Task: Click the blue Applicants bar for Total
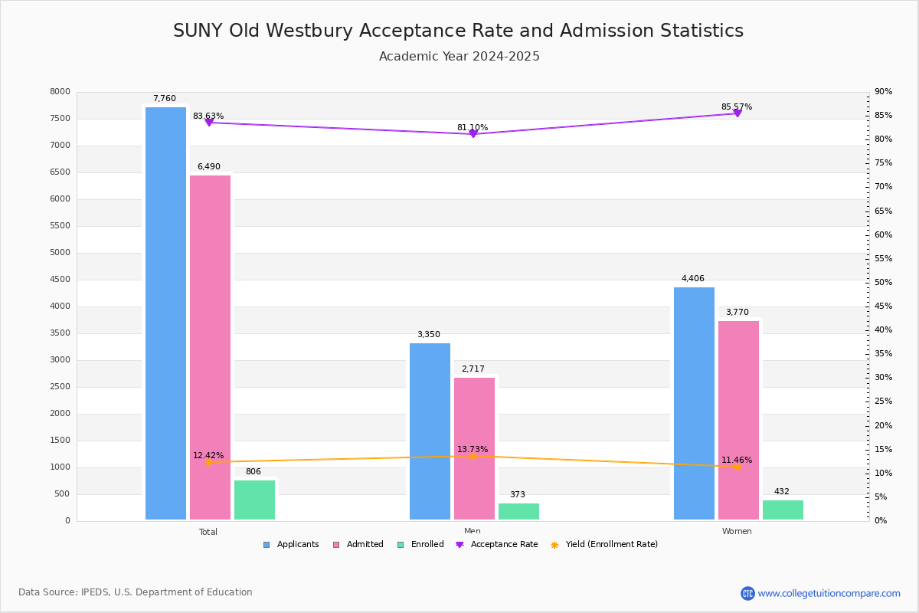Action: coord(165,313)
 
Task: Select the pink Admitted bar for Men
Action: coord(474,448)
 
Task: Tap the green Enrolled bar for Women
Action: coord(783,510)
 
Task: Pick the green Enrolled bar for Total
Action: coord(254,500)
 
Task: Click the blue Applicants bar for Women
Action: coord(694,404)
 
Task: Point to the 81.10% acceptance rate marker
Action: coord(473,134)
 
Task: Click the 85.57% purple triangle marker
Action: coord(737,113)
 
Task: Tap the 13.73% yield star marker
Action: coord(473,456)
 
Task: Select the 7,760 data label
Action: coord(165,99)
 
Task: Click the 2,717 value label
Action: coord(473,369)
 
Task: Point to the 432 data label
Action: coord(782,491)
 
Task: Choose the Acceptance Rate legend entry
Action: coord(497,545)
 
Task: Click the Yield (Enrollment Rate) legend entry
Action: coord(604,545)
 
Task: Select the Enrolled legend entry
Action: coord(420,545)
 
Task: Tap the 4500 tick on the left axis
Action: coord(60,279)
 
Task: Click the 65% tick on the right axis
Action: coord(883,211)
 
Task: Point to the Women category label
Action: coord(737,531)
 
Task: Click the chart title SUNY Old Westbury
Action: coord(458,31)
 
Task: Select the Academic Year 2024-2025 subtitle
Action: coord(459,56)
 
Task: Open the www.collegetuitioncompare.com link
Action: coord(829,593)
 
